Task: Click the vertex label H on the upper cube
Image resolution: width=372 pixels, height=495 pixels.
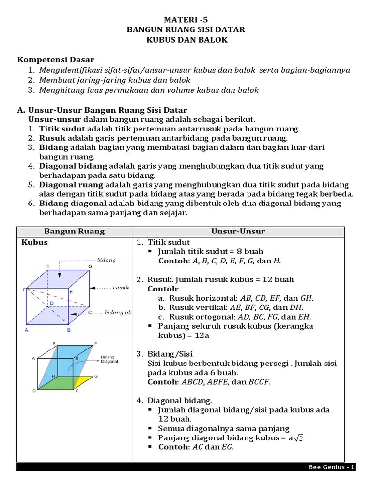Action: point(47,266)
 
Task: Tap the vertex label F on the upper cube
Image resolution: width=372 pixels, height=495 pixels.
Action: point(71,292)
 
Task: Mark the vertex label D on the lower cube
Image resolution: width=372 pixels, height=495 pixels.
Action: point(33,391)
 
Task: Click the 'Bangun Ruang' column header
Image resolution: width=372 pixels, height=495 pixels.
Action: point(74,232)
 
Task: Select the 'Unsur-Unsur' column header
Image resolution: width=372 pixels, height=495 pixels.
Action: point(238,232)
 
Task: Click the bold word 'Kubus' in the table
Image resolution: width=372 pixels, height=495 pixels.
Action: point(35,242)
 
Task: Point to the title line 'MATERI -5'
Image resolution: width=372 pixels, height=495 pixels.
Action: point(186,19)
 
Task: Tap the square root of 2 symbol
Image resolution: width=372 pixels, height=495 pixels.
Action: point(298,437)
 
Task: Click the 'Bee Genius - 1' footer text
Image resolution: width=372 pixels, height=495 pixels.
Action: point(332,467)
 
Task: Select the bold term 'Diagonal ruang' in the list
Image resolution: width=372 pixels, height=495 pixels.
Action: point(71,185)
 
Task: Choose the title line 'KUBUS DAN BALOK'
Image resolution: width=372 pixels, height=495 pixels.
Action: point(186,40)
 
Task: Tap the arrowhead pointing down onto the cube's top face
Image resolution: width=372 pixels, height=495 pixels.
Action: point(60,275)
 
